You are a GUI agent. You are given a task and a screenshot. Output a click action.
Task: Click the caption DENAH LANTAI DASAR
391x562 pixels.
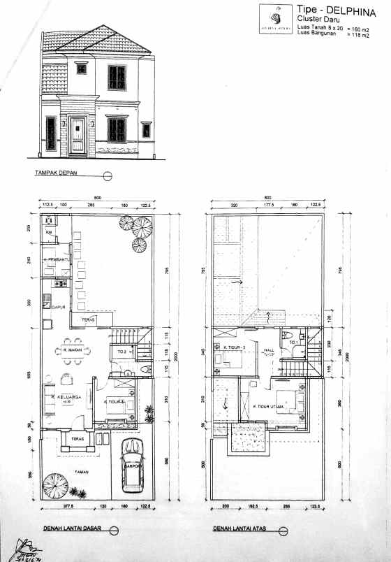(70, 528)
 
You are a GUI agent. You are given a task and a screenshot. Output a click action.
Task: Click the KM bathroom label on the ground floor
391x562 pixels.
(49, 232)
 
